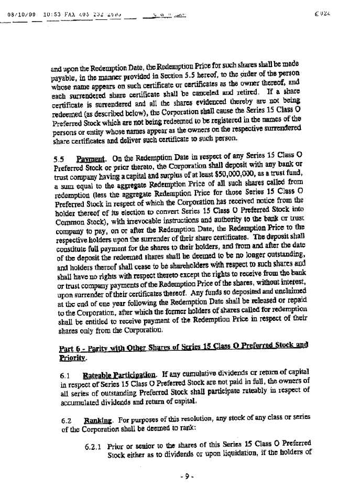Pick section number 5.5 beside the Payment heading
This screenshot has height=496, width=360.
tap(59, 159)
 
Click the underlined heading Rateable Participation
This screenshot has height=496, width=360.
tap(119, 375)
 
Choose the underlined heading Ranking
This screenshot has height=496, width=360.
tap(96, 419)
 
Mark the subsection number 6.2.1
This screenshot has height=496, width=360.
tap(94, 446)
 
